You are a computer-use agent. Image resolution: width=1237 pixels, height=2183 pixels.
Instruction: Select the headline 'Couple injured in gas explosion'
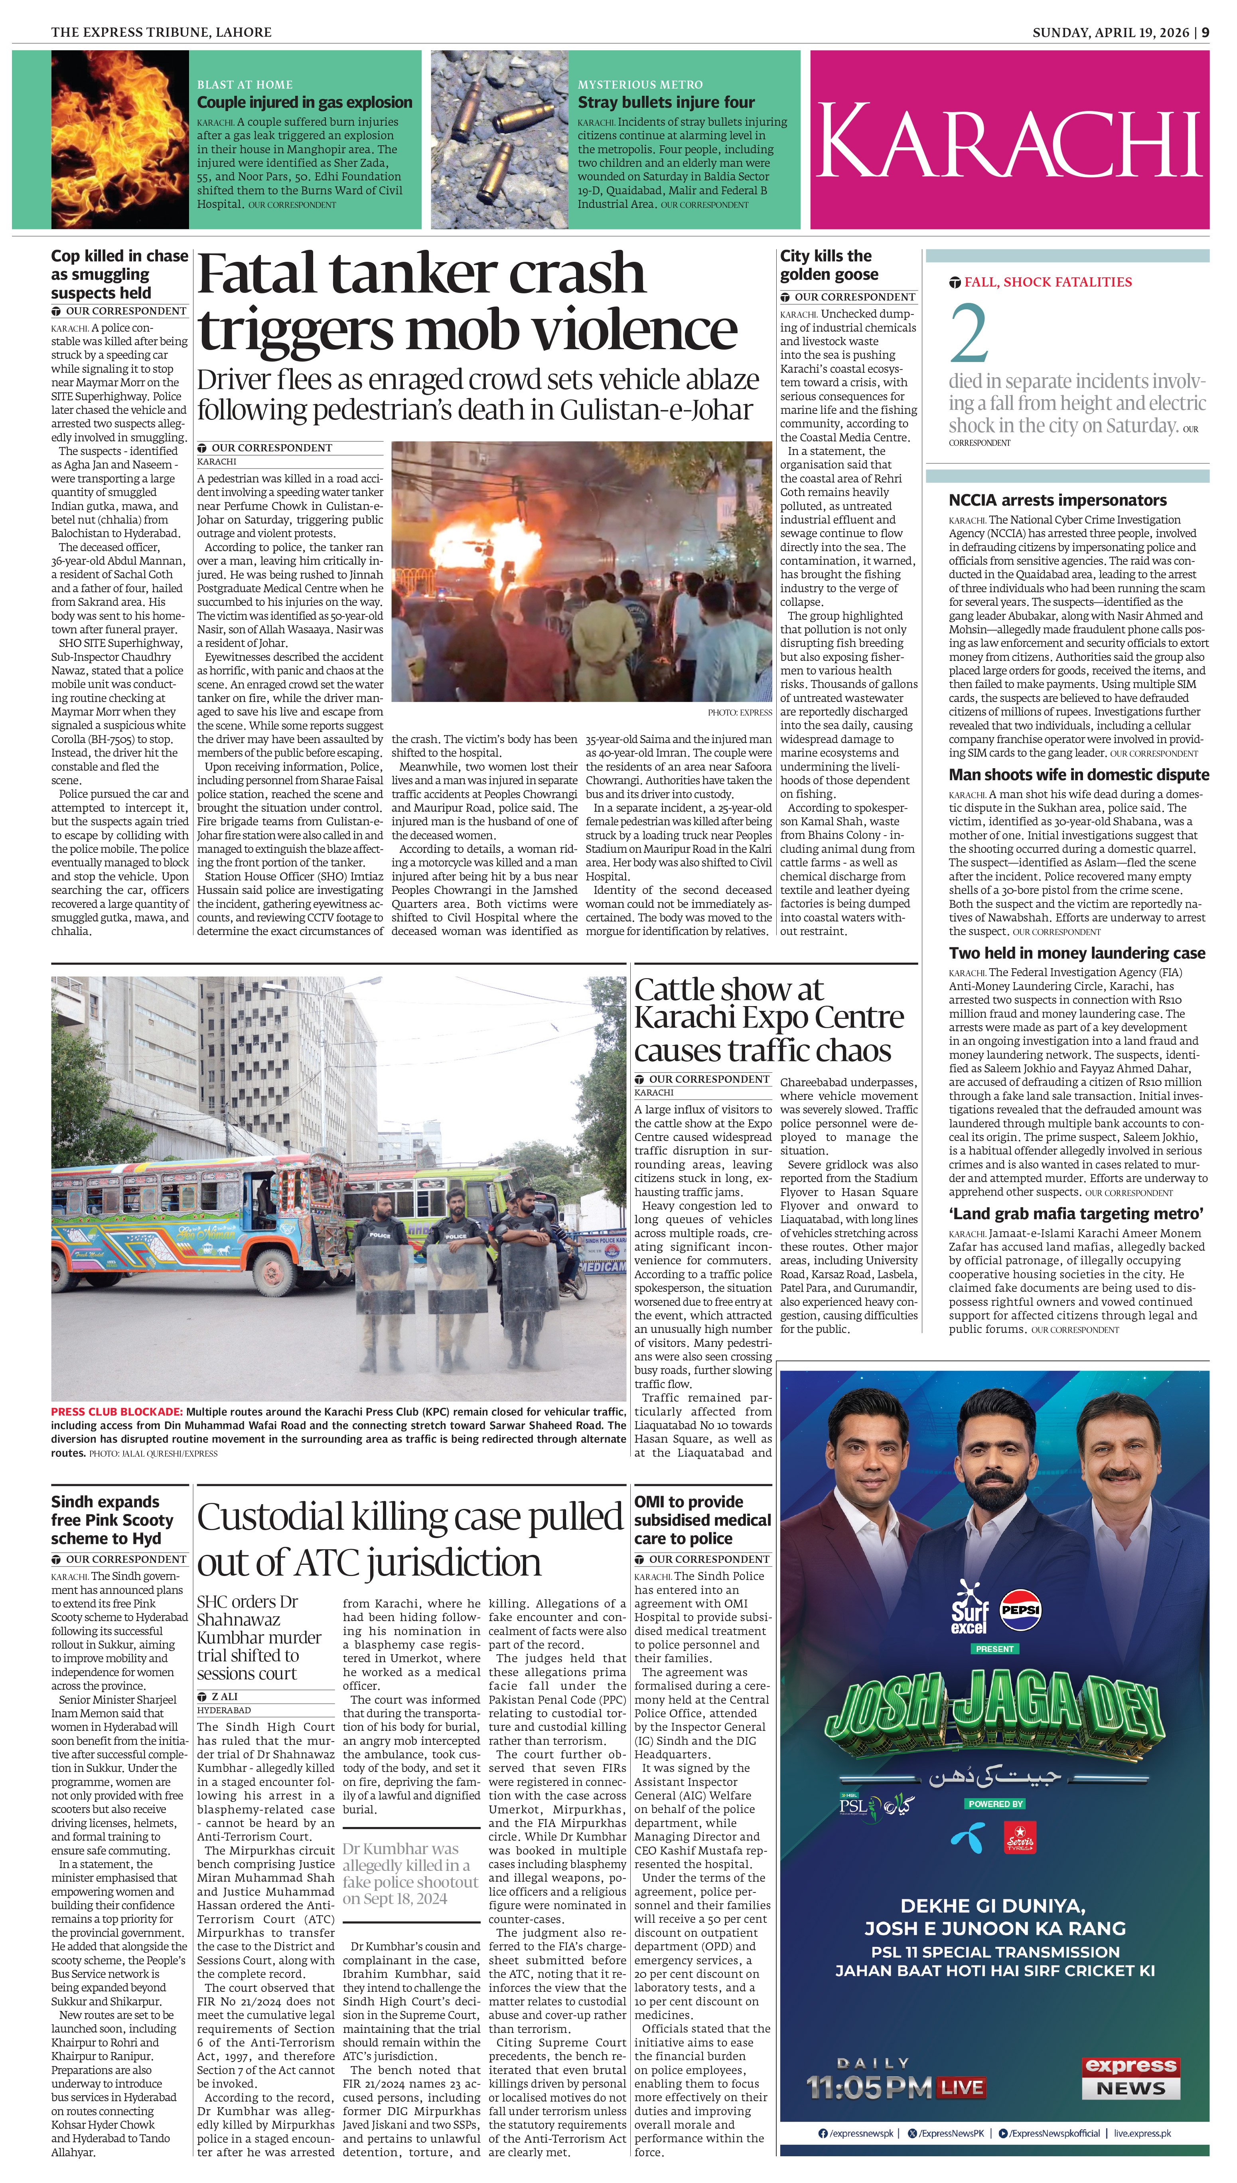tap(304, 102)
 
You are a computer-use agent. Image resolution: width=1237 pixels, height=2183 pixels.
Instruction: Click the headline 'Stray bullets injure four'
tap(666, 102)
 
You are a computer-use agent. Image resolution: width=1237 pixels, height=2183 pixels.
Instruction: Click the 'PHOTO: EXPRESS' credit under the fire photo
tap(739, 712)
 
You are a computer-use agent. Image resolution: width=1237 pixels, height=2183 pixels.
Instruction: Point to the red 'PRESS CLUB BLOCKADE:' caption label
tap(116, 1412)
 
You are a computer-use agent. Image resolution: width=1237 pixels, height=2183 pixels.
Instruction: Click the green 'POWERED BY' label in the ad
tap(995, 1803)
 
